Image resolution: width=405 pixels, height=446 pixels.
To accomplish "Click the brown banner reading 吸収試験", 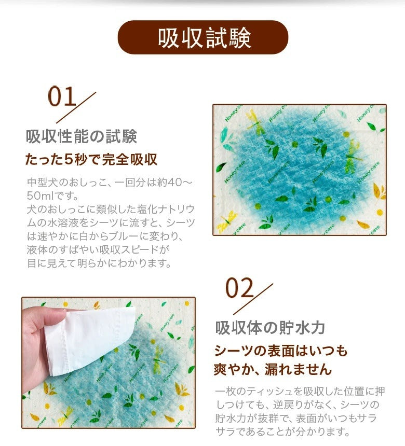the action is pos(203,37).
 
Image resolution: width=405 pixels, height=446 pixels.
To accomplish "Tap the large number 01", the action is pos(62,96).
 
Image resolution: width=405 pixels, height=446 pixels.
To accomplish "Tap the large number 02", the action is pos(239,288).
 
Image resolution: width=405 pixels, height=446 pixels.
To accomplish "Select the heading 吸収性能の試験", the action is pos(82,136).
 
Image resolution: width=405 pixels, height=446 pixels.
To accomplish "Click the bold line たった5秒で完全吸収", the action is pos(91,159).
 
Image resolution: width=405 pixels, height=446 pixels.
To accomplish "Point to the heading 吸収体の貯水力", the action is pos(270,328).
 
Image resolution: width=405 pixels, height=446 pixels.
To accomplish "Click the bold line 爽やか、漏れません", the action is pos(273,369).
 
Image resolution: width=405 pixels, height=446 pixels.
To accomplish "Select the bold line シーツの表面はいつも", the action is pos(281,351).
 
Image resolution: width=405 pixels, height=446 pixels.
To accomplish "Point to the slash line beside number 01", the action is pos(76,107).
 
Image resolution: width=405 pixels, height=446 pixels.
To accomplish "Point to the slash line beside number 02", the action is pos(253,299).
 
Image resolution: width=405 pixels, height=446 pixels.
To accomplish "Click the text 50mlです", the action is pos(52,196).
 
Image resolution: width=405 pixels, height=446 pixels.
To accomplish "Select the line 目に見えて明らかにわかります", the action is pos(99,263).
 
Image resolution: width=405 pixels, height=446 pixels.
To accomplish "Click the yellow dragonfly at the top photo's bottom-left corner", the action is pos(227,222).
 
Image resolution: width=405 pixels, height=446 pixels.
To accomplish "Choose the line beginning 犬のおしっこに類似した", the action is pos(111,209).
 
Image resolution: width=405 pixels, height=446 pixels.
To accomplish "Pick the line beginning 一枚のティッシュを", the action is pos(300,392).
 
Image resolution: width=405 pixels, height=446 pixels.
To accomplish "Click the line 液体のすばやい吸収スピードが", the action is pos(98,249).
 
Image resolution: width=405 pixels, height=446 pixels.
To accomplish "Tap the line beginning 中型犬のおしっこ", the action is pos(110,182).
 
